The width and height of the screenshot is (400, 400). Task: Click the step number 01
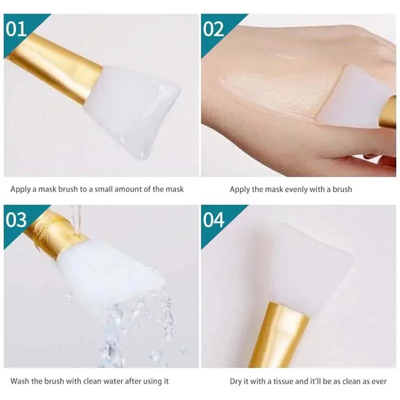point(16,28)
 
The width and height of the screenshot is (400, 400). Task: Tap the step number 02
point(213,28)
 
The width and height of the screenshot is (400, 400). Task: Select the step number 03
point(16,219)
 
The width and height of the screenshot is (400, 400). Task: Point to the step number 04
point(213,219)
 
